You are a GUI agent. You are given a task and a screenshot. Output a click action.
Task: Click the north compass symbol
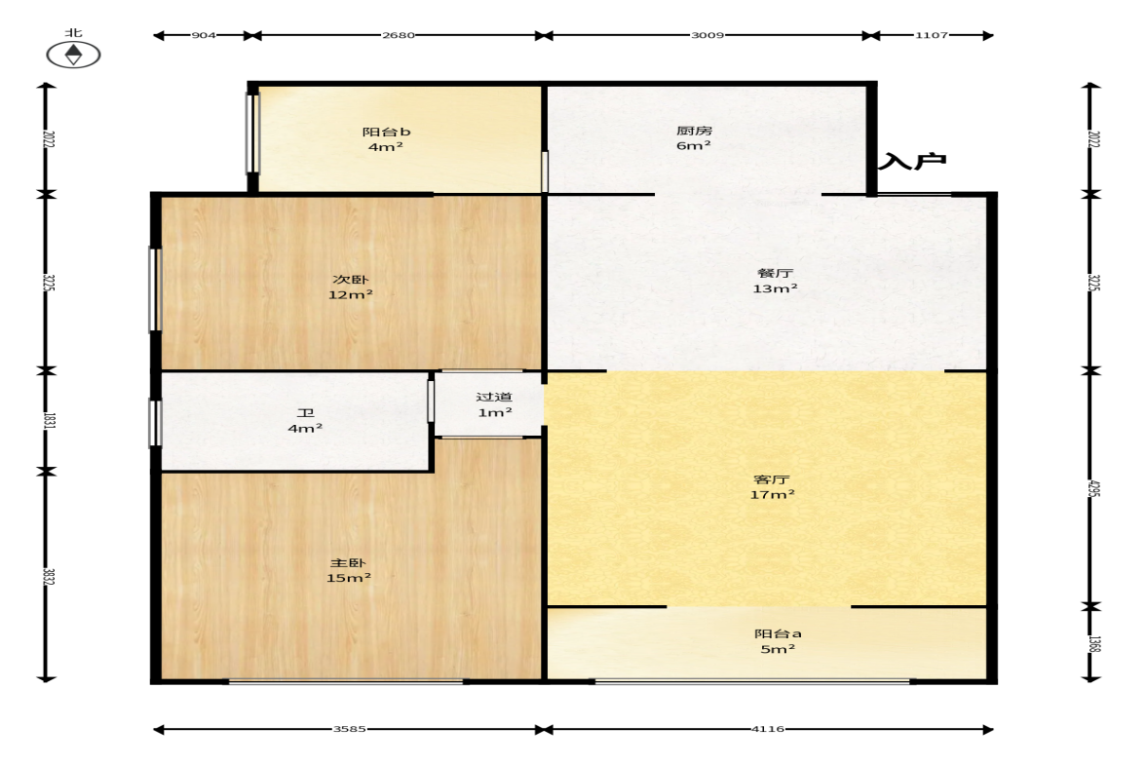73,55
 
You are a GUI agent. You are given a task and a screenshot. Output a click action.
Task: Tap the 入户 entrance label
912,161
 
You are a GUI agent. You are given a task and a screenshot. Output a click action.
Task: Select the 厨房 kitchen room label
694,131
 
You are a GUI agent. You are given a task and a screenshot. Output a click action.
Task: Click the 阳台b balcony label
386,132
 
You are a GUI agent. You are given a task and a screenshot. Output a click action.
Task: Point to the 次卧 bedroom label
351,280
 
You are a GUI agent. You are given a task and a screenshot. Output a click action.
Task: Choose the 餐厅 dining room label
775,273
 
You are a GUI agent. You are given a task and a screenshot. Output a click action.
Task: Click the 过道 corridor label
494,397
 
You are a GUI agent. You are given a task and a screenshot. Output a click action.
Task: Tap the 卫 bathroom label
305,413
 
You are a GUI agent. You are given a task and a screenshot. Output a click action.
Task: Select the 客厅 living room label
772,479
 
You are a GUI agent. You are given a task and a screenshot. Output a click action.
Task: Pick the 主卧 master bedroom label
348,562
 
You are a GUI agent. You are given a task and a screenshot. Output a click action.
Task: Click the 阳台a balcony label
778,633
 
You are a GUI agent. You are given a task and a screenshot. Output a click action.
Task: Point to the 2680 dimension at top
399,35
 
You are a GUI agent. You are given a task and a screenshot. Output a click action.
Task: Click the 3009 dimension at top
707,35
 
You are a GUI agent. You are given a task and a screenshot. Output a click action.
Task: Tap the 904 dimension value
204,35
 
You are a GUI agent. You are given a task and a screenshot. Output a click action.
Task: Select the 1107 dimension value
932,35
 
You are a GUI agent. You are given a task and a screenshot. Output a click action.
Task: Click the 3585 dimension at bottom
350,729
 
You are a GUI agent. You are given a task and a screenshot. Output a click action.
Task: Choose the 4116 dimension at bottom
768,729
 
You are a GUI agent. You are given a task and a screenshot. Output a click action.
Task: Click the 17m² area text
772,495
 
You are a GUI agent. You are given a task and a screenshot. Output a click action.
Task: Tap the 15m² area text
348,578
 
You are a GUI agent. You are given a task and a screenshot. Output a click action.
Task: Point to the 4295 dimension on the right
1092,488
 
